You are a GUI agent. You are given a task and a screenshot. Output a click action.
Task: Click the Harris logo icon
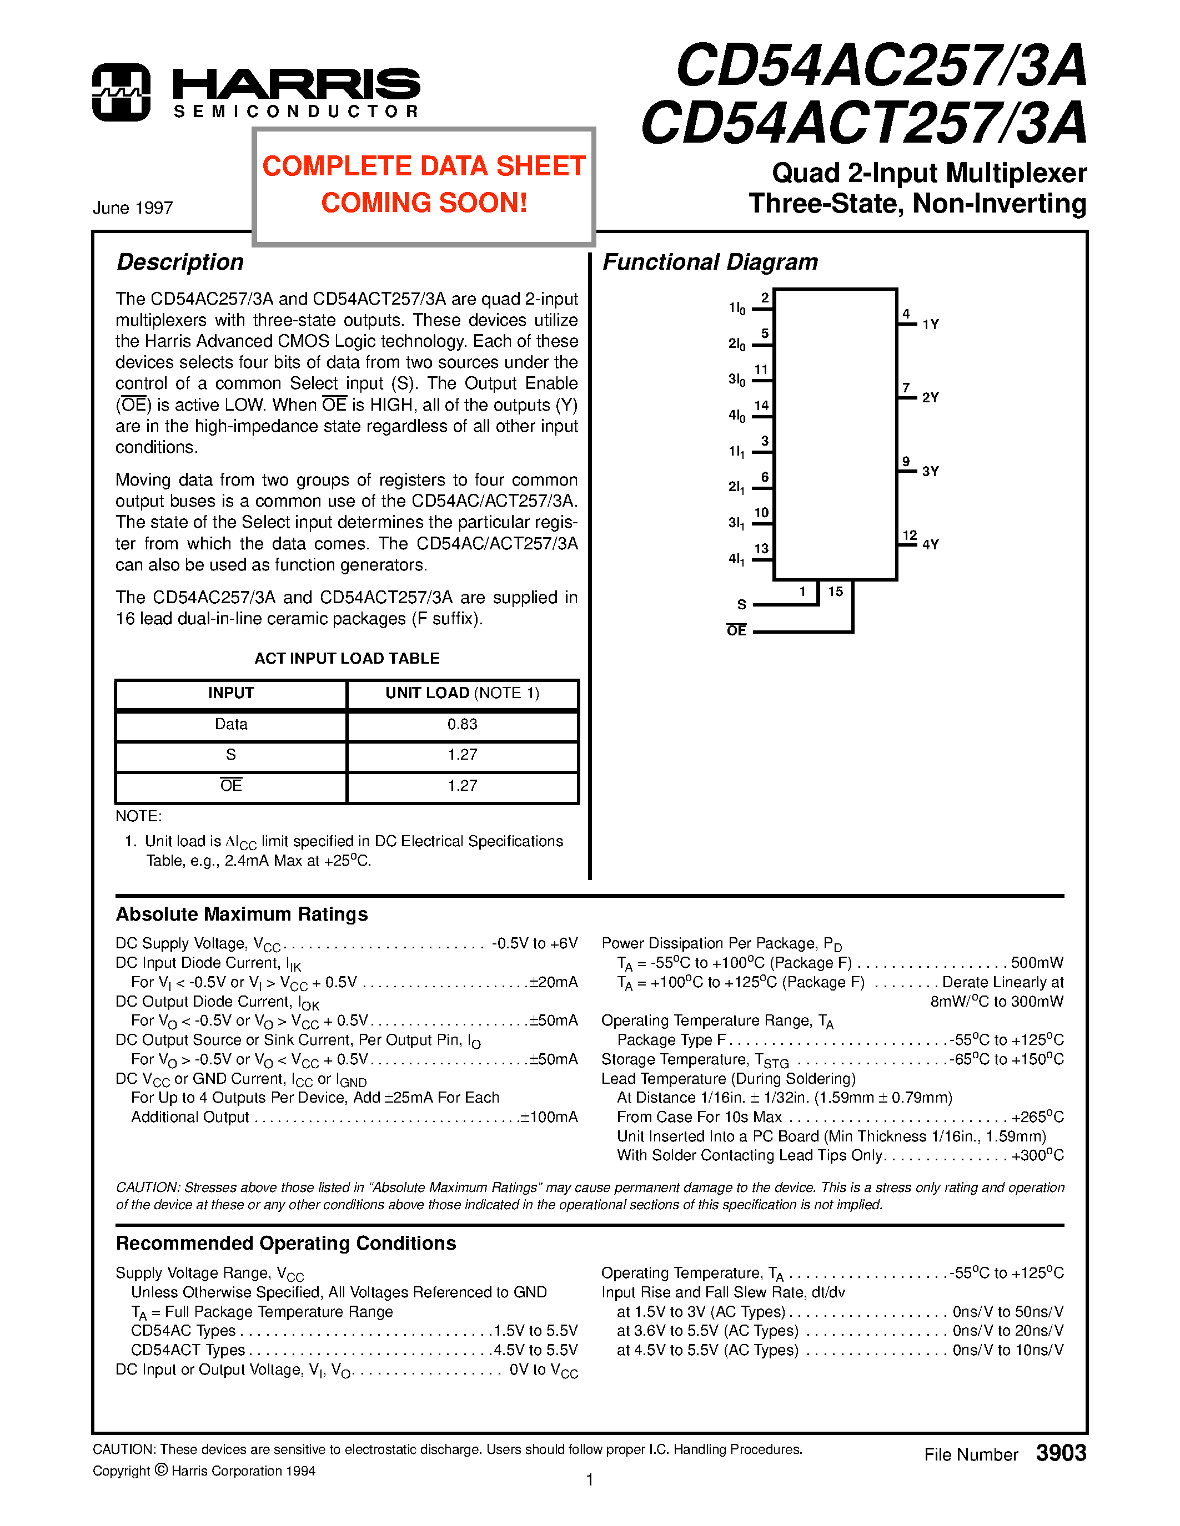coord(121,92)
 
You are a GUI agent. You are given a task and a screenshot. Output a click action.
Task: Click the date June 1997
coord(133,208)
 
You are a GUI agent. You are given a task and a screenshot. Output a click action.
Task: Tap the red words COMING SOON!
coord(424,203)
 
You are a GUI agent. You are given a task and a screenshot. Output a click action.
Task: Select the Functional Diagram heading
coord(710,262)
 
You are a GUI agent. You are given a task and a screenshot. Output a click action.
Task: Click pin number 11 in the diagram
coord(761,370)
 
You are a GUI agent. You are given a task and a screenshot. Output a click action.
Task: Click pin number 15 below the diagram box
coord(835,592)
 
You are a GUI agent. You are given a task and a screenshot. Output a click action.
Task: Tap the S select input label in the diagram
coord(742,604)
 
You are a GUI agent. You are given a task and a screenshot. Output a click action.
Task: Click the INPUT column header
coord(230,693)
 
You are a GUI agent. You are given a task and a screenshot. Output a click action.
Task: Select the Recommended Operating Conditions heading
coord(285,1244)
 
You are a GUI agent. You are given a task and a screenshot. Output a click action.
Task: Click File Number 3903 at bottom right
coord(1005,1454)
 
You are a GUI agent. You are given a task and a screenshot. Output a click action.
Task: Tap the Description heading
coord(180,262)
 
